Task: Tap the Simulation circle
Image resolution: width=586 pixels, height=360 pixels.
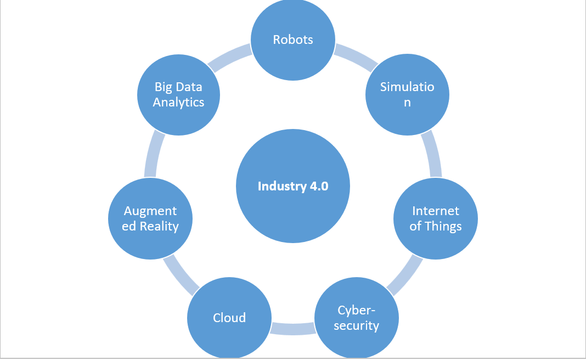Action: pyautogui.click(x=407, y=95)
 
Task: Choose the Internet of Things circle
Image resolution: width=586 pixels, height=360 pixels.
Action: pyautogui.click(x=436, y=218)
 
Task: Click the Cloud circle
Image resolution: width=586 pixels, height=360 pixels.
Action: pyautogui.click(x=229, y=317)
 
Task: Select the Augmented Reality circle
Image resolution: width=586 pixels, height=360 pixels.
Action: pyautogui.click(x=150, y=218)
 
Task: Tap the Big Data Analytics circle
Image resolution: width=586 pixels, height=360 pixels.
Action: pyautogui.click(x=178, y=94)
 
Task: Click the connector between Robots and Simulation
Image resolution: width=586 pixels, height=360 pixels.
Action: pyautogui.click(x=356, y=57)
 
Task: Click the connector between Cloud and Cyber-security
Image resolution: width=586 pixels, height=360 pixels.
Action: pyautogui.click(x=293, y=328)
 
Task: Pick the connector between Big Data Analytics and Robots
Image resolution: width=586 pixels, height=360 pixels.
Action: pyautogui.click(x=230, y=57)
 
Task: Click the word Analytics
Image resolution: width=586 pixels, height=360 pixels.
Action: pyautogui.click(x=178, y=102)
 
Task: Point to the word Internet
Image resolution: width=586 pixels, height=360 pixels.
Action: pyautogui.click(x=436, y=211)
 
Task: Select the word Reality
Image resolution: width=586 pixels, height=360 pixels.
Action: pyautogui.click(x=158, y=226)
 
